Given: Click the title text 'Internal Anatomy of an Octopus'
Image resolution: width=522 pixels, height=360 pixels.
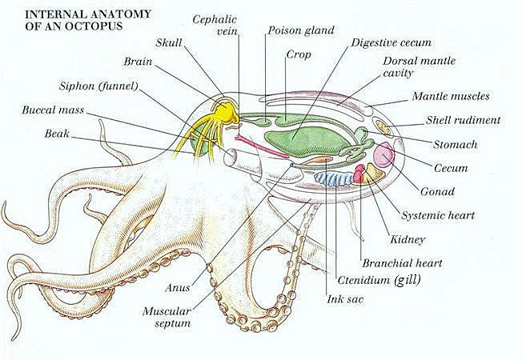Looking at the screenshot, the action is click(88, 20).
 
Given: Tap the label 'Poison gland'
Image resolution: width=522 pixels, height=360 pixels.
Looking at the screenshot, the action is click(301, 30).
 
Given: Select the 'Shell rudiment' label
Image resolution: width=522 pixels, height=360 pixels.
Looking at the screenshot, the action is click(463, 120).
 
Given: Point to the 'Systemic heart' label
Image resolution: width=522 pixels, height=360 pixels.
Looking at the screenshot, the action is click(438, 215).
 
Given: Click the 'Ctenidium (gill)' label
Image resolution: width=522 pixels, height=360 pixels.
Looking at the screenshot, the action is click(379, 280).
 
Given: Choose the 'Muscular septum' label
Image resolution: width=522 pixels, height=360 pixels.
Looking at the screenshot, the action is click(167, 317).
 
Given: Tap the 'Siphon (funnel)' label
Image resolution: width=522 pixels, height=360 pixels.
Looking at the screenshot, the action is click(98, 86).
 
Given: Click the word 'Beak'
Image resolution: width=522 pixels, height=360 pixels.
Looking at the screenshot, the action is click(57, 134).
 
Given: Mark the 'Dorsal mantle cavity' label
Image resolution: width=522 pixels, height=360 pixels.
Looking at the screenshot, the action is click(420, 66).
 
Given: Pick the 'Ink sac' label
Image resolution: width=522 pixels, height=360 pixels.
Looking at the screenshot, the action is click(345, 299).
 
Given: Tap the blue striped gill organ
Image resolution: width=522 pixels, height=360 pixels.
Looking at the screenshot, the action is click(334, 178).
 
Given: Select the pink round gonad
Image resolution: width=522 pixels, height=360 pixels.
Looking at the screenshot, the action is click(384, 154).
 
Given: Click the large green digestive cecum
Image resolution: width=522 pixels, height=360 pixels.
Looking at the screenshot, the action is click(306, 141).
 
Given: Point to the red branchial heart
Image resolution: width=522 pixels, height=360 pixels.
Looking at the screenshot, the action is click(359, 174).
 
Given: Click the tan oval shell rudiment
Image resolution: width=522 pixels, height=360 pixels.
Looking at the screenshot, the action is click(383, 128).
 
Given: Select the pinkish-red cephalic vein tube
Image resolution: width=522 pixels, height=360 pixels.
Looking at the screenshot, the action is click(261, 146).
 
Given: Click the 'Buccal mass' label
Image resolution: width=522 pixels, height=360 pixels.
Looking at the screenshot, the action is click(53, 110).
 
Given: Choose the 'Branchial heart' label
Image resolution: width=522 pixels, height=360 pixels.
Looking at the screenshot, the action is click(402, 263).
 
